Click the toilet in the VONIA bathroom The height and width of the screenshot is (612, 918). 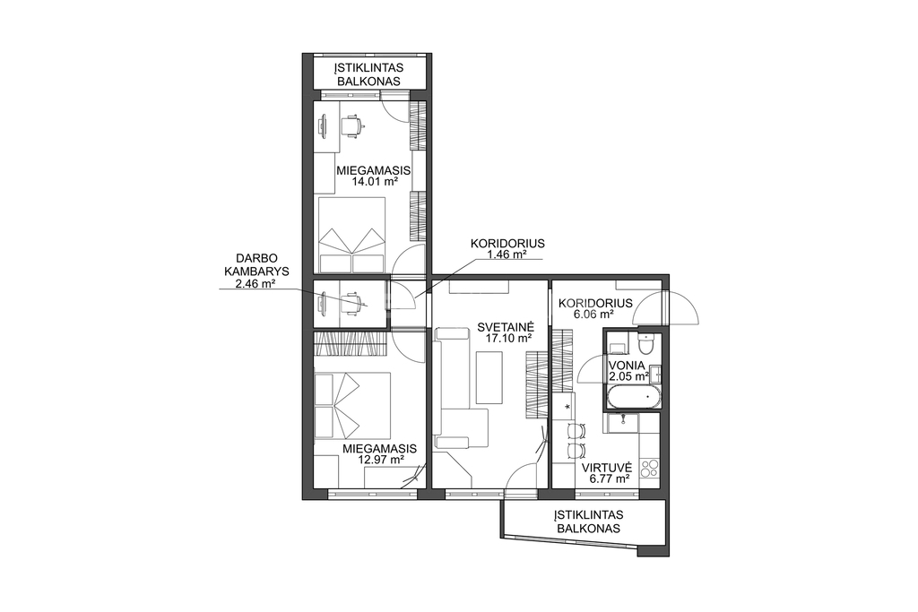coord(645,344)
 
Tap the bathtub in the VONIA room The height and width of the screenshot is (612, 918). coord(634,397)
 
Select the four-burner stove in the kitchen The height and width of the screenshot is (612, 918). coord(649,469)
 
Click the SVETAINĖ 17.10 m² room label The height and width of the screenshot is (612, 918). coord(504,332)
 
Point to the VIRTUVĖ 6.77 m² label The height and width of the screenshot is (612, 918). coord(605,473)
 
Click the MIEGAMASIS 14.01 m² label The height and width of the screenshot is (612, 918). coord(373,176)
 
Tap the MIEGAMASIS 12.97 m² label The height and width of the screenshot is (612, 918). coord(379,454)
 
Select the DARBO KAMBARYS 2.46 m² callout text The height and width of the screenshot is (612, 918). coord(255,271)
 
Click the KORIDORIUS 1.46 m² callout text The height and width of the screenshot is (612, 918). coord(507,249)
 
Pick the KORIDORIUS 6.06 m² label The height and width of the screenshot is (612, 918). coord(595,308)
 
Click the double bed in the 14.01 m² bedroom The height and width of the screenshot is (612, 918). coord(351,234)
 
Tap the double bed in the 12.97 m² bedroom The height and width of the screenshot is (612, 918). coord(352,406)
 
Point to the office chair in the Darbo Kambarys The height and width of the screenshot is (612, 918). coord(353,303)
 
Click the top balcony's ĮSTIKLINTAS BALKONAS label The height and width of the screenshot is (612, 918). coord(368,74)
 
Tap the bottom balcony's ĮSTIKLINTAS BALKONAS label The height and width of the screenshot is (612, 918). coord(589,521)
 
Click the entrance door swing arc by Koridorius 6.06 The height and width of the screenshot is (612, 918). coord(666,308)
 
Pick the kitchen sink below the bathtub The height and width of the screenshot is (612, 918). coord(624,422)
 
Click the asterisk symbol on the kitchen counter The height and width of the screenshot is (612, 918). coord(567,406)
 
